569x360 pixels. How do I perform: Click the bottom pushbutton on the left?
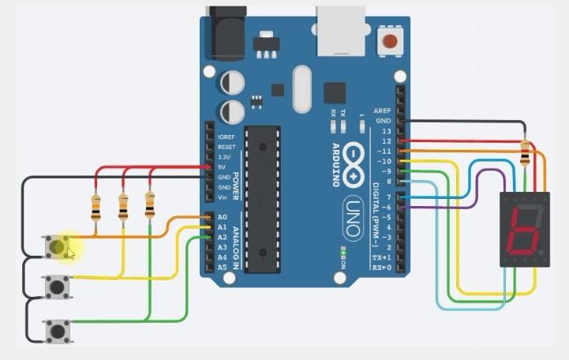[x=58, y=329]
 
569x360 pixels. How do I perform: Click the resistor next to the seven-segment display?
[x=526, y=155]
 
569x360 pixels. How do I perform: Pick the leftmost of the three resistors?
[x=96, y=208]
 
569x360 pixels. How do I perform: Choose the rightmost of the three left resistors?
[x=150, y=204]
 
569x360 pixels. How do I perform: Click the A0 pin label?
[x=223, y=216]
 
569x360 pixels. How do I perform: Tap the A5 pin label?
[x=223, y=268]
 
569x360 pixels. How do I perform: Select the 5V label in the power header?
[x=224, y=167]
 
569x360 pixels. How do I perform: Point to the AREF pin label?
[x=382, y=111]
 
